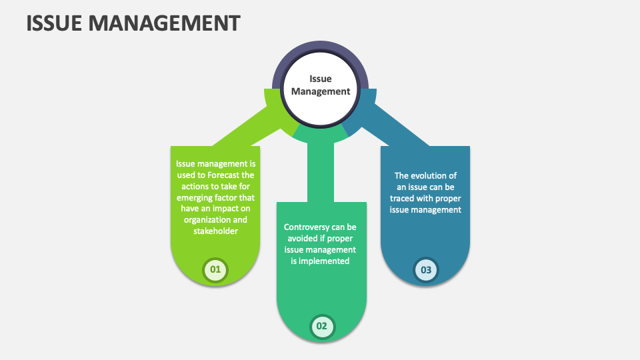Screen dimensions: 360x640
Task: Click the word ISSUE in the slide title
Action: tap(55, 23)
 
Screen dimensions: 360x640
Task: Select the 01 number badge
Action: tap(215, 269)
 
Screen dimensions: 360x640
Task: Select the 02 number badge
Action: tap(321, 326)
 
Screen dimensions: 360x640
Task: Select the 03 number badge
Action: tap(426, 269)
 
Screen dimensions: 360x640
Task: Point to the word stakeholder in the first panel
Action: tap(215, 231)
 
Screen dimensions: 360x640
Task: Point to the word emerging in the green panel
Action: tap(196, 198)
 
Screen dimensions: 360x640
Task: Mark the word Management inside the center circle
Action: tap(320, 92)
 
